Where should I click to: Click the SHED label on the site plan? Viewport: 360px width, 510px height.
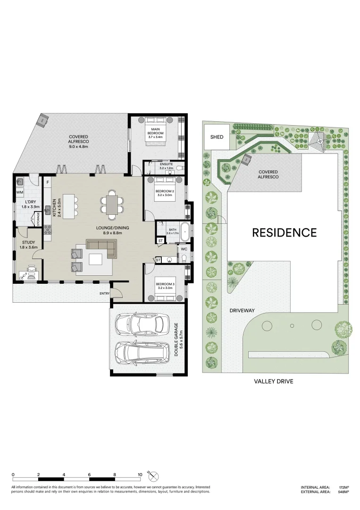(217, 137)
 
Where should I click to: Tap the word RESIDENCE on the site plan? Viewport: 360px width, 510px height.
(284, 232)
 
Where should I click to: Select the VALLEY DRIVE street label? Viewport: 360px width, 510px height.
(274, 381)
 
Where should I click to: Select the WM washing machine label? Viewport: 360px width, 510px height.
(20, 193)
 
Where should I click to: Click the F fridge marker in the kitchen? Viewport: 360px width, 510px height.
(47, 181)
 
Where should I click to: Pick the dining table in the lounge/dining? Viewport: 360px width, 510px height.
(112, 205)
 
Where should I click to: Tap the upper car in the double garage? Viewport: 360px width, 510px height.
(142, 324)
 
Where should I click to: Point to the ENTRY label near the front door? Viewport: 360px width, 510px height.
(104, 294)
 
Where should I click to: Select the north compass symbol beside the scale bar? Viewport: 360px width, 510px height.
(154, 476)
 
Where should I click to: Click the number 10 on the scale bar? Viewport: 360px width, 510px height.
(140, 474)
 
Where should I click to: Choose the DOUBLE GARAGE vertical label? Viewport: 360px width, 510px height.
(177, 340)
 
